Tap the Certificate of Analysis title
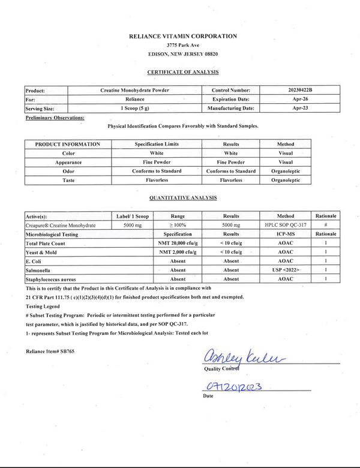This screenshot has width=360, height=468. click(183, 72)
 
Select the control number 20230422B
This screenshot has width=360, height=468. click(300, 90)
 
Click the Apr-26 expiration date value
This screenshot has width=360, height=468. click(300, 99)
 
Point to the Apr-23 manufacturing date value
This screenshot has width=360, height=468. click(300, 109)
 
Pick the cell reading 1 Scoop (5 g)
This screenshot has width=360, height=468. click(135, 109)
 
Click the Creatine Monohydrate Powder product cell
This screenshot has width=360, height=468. click(135, 90)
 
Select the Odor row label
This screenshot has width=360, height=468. click(68, 171)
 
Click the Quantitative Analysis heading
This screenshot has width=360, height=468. click(183, 197)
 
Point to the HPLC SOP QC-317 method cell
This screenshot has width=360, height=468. click(286, 225)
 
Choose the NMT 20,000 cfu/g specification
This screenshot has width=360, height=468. click(178, 243)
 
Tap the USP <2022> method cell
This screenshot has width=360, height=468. click(286, 270)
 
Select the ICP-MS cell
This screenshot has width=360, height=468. click(286, 234)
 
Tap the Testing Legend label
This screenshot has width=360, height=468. click(41, 306)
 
